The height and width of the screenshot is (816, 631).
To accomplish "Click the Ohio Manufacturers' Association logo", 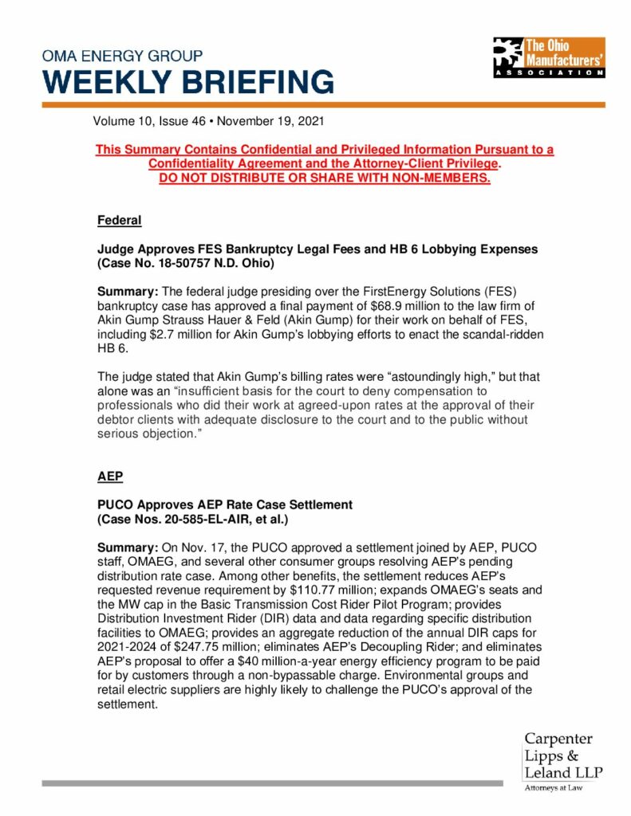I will click(x=548, y=57).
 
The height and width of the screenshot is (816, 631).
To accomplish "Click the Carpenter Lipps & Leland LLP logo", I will click(x=562, y=756).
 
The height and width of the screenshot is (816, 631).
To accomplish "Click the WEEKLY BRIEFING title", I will click(x=188, y=82).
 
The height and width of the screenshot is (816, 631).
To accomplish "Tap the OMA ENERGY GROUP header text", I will click(x=122, y=57).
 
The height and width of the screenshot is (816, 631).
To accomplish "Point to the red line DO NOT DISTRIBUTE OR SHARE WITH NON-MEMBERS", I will click(x=324, y=177).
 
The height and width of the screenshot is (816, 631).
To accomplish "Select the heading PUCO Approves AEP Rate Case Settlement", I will click(x=224, y=505).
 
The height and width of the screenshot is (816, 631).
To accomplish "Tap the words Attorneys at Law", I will click(x=553, y=788).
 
